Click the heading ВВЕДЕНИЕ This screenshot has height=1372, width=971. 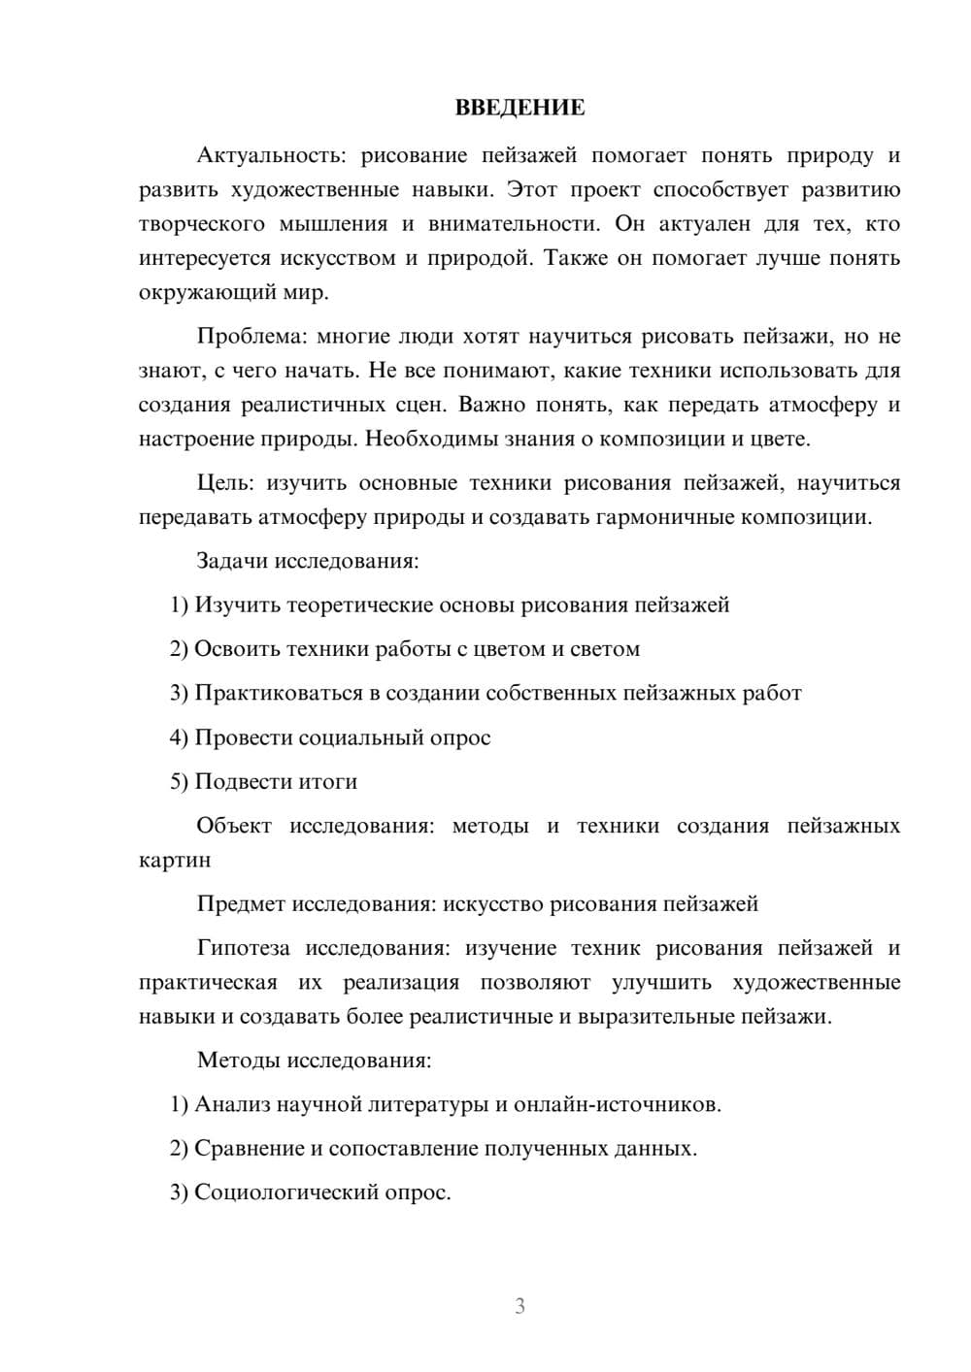tap(519, 108)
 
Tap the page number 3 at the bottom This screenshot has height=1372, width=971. tap(519, 1306)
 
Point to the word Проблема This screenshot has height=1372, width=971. tap(250, 337)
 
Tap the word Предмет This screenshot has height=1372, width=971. tap(241, 904)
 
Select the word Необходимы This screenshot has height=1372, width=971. tap(431, 439)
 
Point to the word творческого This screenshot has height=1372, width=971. tap(202, 224)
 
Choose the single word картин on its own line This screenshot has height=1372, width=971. tap(175, 860)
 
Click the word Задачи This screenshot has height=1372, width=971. tap(232, 561)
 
